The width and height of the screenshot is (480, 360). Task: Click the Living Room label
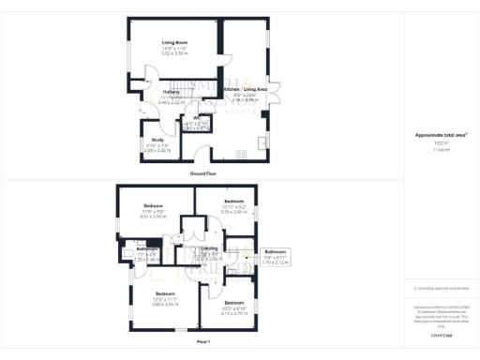170,43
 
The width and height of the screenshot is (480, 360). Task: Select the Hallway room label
145,93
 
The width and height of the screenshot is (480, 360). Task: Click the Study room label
157,139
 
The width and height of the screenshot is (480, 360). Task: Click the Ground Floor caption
204,173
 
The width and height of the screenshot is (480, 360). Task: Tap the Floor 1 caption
202,343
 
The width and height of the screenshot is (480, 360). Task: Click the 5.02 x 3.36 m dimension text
170,54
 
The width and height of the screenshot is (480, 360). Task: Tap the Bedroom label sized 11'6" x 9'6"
154,205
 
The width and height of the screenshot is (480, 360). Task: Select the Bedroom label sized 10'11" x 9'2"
232,202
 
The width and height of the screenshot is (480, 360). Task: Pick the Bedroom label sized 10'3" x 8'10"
232,304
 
